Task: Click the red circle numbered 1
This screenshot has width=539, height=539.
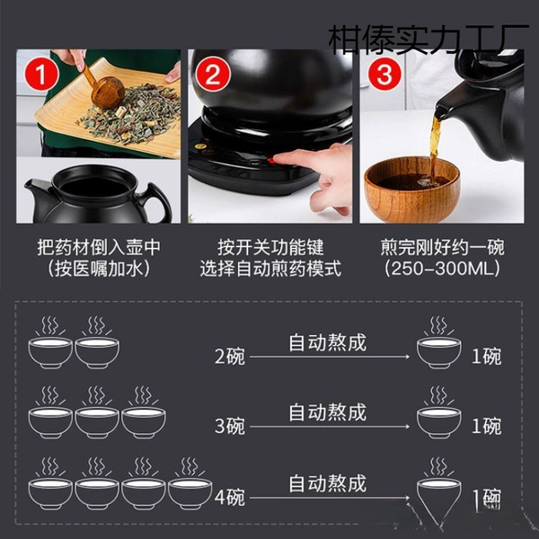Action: [41, 75]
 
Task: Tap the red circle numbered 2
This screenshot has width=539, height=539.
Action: [213, 75]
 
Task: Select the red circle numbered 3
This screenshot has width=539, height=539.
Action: [384, 75]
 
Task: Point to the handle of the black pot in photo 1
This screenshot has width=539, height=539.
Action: [158, 203]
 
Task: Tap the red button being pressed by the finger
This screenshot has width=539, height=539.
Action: [272, 160]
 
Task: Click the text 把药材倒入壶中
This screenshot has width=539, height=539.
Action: [99, 247]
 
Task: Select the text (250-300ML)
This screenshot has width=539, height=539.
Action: [442, 268]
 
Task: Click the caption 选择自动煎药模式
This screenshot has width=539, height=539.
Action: [270, 269]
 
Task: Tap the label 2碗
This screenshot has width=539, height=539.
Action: [230, 356]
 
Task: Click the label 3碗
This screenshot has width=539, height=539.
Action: [230, 426]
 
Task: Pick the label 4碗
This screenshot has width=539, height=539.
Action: [230, 497]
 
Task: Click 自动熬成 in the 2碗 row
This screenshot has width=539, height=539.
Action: [328, 342]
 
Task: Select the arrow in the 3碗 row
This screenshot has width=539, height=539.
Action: [330, 427]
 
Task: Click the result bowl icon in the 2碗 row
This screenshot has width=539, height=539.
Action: [439, 343]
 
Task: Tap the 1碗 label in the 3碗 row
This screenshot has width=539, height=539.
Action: [486, 426]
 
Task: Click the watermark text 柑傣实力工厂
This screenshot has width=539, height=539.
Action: [429, 40]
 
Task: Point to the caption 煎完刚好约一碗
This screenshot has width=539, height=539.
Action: [442, 247]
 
